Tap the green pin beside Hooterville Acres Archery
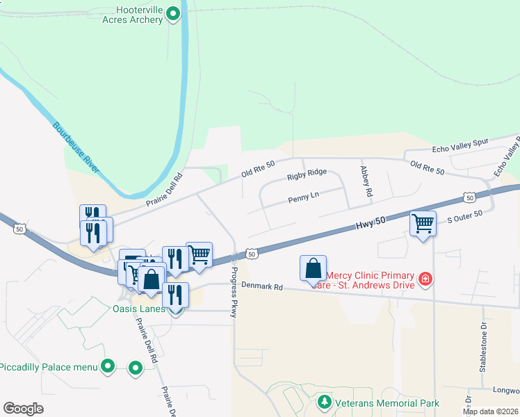[173, 13]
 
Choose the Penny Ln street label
[303, 199]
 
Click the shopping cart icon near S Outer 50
[423, 224]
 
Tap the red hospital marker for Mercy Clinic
[425, 279]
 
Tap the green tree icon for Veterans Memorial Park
[324, 402]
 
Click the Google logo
[23, 408]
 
